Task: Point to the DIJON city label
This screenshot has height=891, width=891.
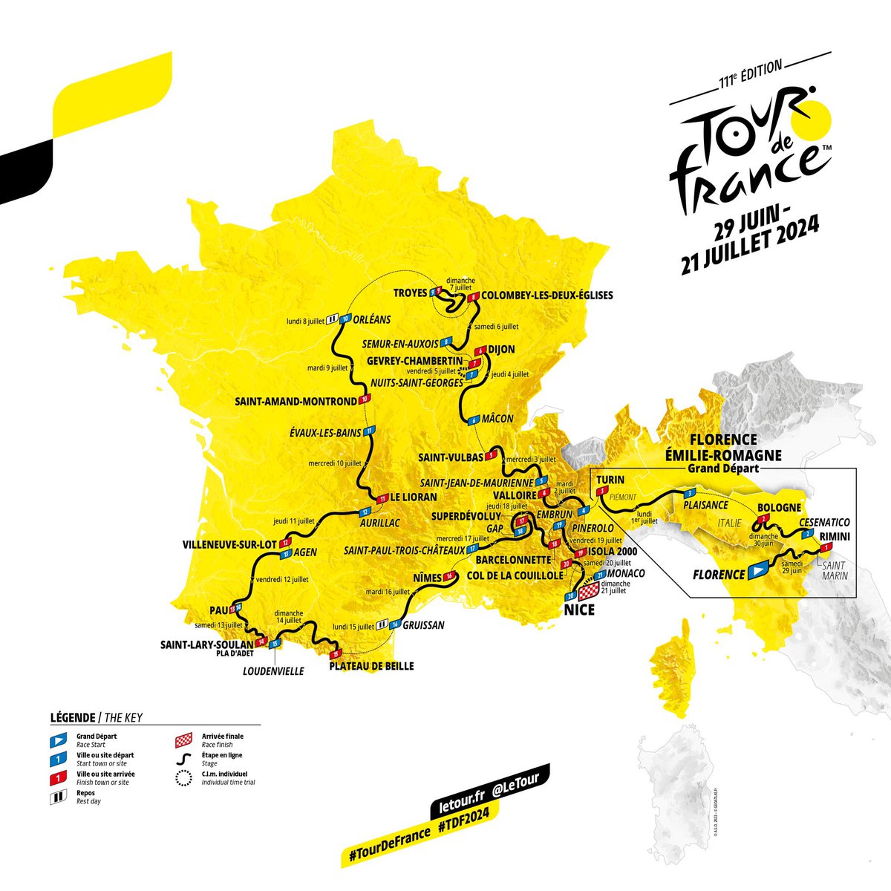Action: [x=502, y=350]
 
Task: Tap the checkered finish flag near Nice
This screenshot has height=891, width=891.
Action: [x=588, y=592]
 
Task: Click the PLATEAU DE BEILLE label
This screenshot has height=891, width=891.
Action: [x=371, y=666]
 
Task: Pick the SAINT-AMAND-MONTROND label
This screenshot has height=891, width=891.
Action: [x=296, y=402]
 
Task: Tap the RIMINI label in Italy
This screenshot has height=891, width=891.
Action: [x=835, y=536]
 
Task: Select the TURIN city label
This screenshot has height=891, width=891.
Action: [x=610, y=480]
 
